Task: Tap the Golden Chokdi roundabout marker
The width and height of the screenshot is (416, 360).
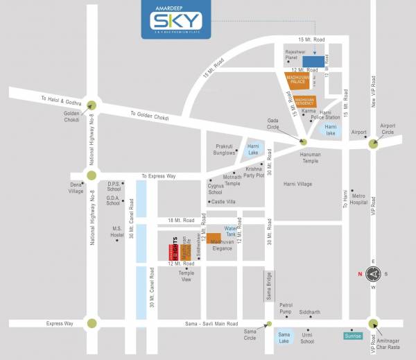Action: click(91, 105)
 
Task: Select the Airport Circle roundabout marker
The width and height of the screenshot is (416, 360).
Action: click(374, 144)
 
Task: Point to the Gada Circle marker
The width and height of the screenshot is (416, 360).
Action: click(303, 142)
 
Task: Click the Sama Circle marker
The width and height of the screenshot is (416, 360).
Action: click(269, 324)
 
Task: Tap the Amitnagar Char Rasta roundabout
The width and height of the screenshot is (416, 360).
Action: click(374, 323)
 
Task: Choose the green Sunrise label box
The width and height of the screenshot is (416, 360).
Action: click(352, 336)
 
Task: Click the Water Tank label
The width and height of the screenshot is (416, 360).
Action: click(231, 232)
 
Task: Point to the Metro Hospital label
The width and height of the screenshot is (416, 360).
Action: click(358, 199)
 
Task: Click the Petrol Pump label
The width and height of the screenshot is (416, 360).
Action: click(286, 308)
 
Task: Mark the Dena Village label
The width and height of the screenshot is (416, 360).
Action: click(76, 188)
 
